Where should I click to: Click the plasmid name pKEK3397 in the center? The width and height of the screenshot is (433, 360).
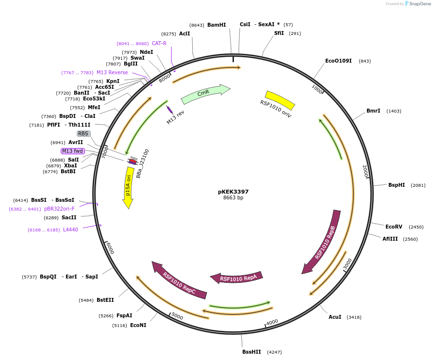(x=233, y=192)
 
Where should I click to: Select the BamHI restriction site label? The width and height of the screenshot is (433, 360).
(x=216, y=25)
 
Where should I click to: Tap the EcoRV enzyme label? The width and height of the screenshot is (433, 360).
(x=394, y=227)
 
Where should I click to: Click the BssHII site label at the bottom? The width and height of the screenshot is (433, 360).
(x=251, y=352)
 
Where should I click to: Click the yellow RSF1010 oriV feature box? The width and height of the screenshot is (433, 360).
(x=280, y=100)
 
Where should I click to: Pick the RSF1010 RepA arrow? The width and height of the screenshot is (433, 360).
(x=237, y=278)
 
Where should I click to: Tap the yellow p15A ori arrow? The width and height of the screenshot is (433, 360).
(x=128, y=186)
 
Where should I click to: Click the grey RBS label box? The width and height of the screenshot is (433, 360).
(x=83, y=133)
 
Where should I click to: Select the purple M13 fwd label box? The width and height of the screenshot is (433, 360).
(x=73, y=151)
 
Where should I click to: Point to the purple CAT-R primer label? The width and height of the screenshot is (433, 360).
(x=159, y=43)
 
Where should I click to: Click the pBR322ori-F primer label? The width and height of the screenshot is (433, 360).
(x=59, y=209)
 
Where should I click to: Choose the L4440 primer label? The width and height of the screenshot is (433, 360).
(x=70, y=229)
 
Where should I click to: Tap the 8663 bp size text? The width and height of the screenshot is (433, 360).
(x=233, y=198)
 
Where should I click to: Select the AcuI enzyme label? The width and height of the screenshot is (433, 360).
(x=335, y=317)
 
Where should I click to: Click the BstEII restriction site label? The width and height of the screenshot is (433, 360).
(x=105, y=300)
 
